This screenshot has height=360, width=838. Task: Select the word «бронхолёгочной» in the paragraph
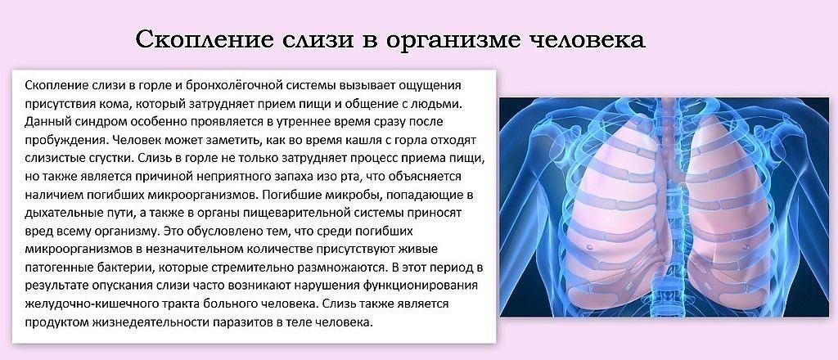pos(236,86)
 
